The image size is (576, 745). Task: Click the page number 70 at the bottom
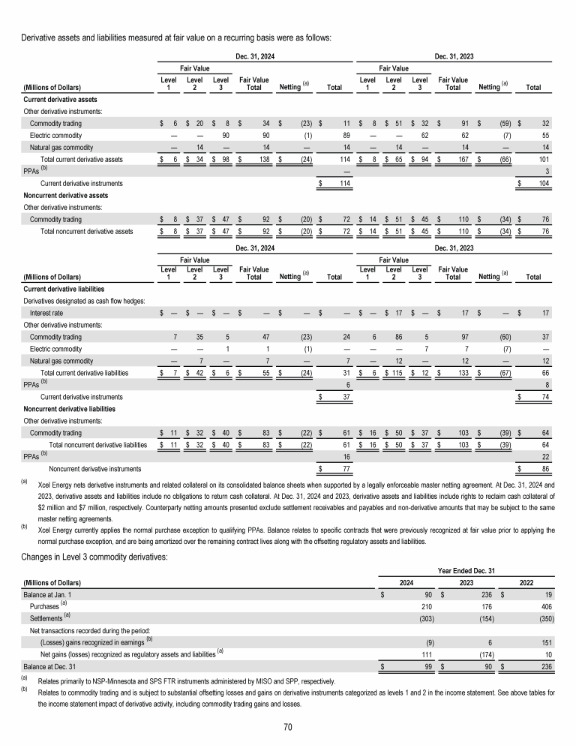tap(287, 727)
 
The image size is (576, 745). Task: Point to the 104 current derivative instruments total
tap(535, 184)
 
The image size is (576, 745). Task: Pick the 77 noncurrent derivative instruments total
tap(337, 469)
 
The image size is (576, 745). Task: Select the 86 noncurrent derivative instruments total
tap(535, 469)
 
